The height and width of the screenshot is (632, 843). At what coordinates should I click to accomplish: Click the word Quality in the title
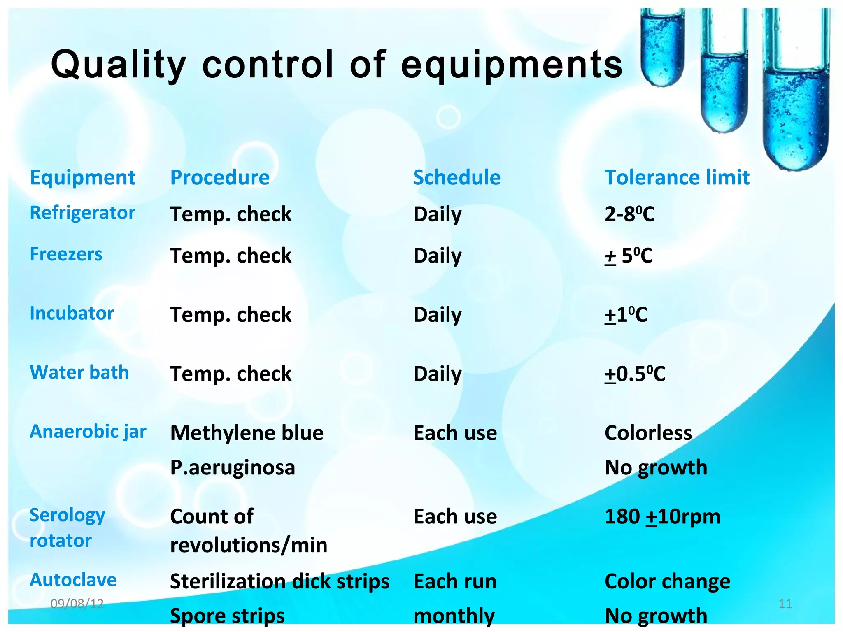coord(118,65)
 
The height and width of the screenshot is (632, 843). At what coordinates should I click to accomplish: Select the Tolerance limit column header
coord(677,178)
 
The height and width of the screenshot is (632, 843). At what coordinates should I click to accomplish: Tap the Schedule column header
coord(456,178)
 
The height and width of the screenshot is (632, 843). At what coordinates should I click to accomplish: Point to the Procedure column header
coord(220,178)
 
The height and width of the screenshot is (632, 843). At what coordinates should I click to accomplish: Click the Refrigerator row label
coord(82,213)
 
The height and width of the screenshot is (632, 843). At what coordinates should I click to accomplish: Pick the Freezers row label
coord(66,254)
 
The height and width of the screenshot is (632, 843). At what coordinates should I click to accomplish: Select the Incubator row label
coord(72,314)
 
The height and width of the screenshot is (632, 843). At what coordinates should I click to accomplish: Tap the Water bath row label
coord(79,372)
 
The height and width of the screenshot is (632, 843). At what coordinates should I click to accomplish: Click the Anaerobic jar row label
coord(88,432)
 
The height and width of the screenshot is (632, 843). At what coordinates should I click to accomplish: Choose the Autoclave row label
coord(73,580)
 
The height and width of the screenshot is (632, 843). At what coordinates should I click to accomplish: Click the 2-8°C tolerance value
coord(629,214)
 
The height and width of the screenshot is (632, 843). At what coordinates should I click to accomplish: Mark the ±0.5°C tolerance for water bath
coord(635,374)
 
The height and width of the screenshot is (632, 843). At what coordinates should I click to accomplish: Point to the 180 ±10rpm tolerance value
coord(662,517)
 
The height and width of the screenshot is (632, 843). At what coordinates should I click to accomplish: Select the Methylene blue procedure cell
coord(247,433)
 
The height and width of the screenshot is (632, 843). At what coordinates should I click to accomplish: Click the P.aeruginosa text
coord(233,468)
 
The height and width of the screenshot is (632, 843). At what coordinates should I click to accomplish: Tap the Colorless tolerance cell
coord(648,433)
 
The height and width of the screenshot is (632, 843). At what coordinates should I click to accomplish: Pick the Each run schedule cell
coord(455,582)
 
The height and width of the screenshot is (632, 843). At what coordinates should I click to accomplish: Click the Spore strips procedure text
coord(227,616)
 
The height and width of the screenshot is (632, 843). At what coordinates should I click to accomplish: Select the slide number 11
coord(785,604)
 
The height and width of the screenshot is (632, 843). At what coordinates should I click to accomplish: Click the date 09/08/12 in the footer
coord(77,604)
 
